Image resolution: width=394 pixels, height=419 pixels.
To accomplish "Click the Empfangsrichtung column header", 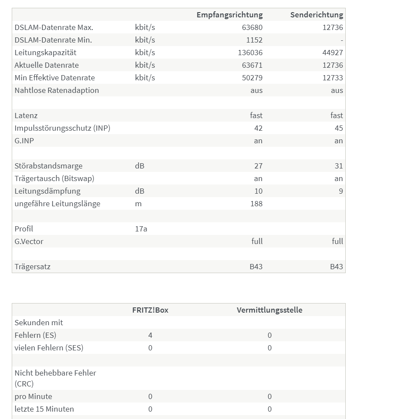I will point(230,15).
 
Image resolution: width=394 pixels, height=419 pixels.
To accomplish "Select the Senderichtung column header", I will point(317,15).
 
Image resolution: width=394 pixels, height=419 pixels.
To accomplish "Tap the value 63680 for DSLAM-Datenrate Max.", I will point(252,27).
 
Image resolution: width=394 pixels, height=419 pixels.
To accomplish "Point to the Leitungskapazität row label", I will point(45,53).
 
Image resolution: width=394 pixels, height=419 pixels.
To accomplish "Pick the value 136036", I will point(250,53).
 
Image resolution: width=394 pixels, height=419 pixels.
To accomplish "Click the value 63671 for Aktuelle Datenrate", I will point(252,65).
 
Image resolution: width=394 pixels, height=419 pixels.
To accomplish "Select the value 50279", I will point(252,78).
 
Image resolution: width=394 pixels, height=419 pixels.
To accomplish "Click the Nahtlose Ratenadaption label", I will point(57,90).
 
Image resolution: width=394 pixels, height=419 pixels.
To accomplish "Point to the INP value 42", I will point(258,128).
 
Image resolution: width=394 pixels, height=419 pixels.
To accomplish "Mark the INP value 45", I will point(339,128).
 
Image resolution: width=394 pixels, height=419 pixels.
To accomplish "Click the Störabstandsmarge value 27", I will point(258,166).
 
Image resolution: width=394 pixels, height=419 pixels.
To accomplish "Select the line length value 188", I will point(257,204).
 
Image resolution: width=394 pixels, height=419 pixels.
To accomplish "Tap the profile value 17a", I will point(141,229).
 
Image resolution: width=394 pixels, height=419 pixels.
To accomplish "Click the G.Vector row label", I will point(29,241).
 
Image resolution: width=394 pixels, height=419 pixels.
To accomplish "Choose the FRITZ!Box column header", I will point(150,310).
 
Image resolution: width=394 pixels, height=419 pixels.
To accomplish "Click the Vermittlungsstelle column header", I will point(270,310).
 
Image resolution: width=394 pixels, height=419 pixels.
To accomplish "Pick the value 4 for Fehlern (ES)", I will point(150,335).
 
